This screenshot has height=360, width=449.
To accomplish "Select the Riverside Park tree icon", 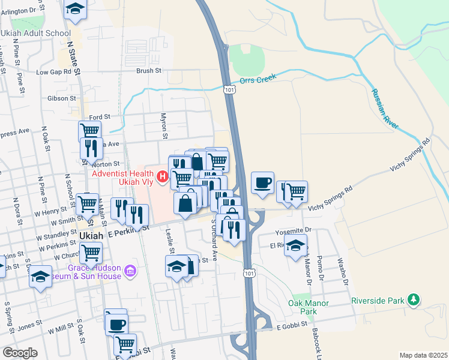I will [412, 299].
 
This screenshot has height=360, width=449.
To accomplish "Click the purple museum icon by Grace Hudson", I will [129, 272].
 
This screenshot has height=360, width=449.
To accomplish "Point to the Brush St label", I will [149, 70].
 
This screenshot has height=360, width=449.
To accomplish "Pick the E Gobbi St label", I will [292, 325].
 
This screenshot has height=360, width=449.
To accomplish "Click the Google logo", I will [20, 353].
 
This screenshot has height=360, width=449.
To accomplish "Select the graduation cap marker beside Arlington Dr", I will [75, 9].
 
